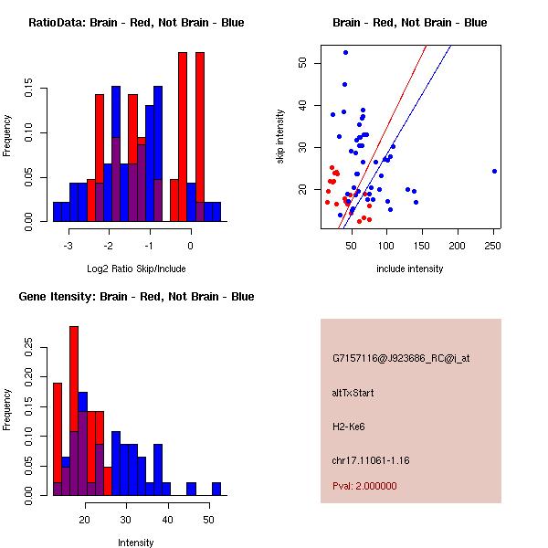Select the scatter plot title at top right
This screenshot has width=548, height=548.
point(409,23)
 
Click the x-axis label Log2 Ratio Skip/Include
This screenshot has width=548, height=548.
point(136,269)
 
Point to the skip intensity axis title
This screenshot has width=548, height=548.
point(280,137)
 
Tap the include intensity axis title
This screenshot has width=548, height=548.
point(410,269)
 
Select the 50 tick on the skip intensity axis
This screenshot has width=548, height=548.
point(301,63)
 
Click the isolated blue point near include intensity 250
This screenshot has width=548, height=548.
point(494,171)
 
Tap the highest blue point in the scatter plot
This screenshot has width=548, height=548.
point(345,52)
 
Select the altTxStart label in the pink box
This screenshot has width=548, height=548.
point(353,393)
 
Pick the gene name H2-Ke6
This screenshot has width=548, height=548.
point(349,427)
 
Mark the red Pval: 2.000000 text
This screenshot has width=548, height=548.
point(364,487)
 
